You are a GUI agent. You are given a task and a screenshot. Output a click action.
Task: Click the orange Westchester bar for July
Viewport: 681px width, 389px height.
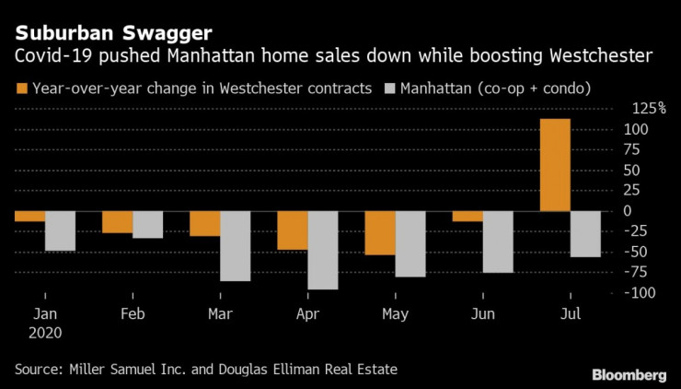(x=555, y=165)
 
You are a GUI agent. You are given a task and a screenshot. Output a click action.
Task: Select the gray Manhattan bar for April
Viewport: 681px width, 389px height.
(x=323, y=250)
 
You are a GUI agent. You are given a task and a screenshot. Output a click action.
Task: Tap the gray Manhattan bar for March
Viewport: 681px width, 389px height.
(x=236, y=245)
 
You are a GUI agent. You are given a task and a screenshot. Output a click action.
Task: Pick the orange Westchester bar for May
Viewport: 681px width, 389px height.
(x=380, y=232)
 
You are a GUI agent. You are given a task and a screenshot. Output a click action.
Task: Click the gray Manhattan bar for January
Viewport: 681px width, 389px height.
(x=60, y=230)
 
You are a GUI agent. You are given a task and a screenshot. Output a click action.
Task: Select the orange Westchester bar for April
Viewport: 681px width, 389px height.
(x=293, y=230)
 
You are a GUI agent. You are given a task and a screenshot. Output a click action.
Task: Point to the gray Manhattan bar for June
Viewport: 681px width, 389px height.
(x=498, y=242)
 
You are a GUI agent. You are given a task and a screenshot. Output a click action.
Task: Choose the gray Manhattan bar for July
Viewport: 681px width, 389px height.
(x=585, y=233)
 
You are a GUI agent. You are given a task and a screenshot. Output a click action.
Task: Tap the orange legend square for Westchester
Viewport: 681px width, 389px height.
(x=21, y=89)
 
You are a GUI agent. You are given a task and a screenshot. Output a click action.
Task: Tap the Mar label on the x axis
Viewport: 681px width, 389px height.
(x=220, y=313)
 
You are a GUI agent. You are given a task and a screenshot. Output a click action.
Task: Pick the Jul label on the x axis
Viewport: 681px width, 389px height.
(x=570, y=313)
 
